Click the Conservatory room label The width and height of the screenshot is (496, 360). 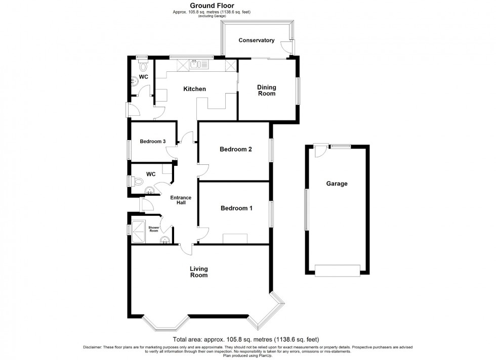click(x=256, y=40)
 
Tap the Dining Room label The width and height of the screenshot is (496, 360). click(x=267, y=91)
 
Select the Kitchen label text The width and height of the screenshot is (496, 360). click(x=194, y=89)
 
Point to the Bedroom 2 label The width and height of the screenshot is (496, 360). click(x=235, y=149)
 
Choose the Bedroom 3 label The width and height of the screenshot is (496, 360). click(x=153, y=142)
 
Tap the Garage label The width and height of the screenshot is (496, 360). click(x=337, y=184)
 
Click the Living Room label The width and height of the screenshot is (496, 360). click(x=199, y=272)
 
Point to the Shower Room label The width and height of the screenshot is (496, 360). click(x=154, y=228)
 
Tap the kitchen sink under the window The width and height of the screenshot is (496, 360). click(x=198, y=64)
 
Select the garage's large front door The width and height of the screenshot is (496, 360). click(x=338, y=271)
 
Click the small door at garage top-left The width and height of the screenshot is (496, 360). click(x=319, y=150)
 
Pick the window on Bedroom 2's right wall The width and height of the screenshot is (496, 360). click(x=271, y=150)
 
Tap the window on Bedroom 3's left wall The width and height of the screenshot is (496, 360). click(x=128, y=149)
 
